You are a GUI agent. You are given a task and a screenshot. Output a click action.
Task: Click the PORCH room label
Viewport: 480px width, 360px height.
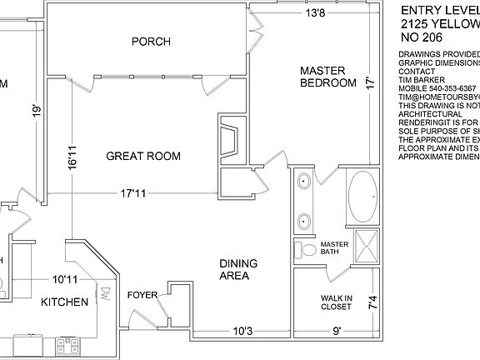pos(151,42)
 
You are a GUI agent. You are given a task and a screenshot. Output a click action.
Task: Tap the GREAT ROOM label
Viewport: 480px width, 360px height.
pos(143,156)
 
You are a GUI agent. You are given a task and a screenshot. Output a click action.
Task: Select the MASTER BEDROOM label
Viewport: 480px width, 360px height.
pos(328,77)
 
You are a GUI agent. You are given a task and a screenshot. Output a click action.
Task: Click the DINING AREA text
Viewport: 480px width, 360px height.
pos(238,268)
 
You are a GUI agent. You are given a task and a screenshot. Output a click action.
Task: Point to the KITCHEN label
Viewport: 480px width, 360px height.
pos(65,302)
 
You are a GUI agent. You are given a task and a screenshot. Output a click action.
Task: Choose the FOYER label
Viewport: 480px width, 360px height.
pos(142,295)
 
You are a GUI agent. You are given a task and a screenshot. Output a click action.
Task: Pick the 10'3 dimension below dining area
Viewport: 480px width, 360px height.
pos(242,332)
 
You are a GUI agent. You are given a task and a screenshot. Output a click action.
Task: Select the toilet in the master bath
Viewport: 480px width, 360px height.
pos(306,250)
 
